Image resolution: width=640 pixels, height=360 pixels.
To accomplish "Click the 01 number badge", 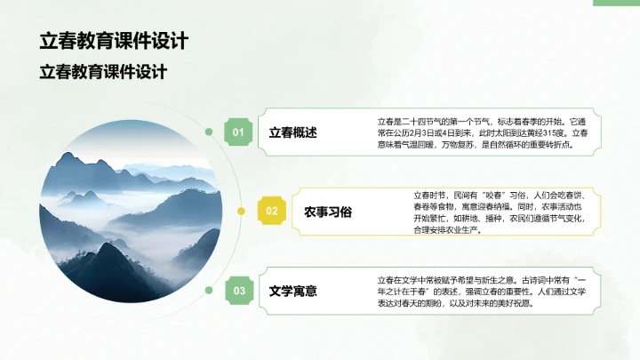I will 238,132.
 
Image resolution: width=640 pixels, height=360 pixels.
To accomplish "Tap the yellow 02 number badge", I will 272,212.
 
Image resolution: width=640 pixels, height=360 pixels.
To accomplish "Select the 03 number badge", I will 238,290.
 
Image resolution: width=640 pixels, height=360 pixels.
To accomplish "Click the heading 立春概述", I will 292,133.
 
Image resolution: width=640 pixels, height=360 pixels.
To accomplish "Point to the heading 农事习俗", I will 328,212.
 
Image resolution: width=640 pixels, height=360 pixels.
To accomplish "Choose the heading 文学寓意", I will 292,291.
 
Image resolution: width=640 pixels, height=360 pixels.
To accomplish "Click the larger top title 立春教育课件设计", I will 113,41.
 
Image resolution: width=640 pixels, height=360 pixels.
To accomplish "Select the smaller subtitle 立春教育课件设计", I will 103,72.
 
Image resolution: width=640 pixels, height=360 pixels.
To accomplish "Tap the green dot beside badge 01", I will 209,132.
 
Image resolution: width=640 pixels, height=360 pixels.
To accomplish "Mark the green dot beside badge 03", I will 209,290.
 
